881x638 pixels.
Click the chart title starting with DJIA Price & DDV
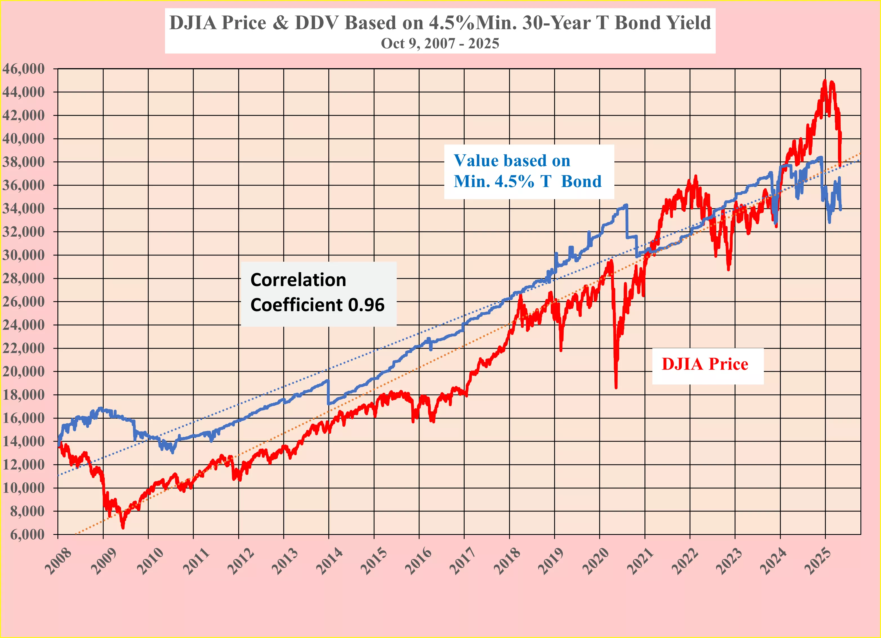click(440, 23)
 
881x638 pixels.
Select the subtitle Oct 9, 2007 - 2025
click(440, 43)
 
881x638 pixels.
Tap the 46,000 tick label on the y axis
click(24, 69)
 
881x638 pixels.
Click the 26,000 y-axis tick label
click(24, 301)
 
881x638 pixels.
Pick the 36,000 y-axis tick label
click(24, 185)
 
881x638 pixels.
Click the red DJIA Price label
click(705, 364)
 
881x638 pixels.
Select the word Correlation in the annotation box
click(298, 280)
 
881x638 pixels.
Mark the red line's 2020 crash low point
click(616, 387)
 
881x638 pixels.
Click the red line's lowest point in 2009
click(123, 527)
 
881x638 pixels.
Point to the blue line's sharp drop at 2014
click(329, 392)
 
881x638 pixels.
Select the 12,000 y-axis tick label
click(24, 465)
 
